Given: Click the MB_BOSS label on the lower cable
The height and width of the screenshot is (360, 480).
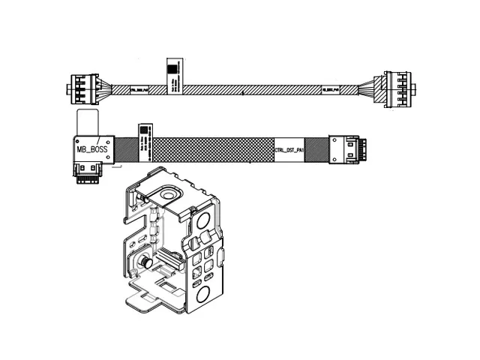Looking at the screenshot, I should (x=92, y=149).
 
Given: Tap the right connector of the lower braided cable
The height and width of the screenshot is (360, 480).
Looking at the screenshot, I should (x=346, y=149).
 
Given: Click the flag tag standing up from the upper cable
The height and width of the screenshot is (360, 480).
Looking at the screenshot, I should (x=171, y=72).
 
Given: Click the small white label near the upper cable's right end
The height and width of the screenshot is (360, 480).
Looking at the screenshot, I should (x=331, y=89).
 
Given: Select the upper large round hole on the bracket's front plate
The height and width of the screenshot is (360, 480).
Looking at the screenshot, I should (x=203, y=222).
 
